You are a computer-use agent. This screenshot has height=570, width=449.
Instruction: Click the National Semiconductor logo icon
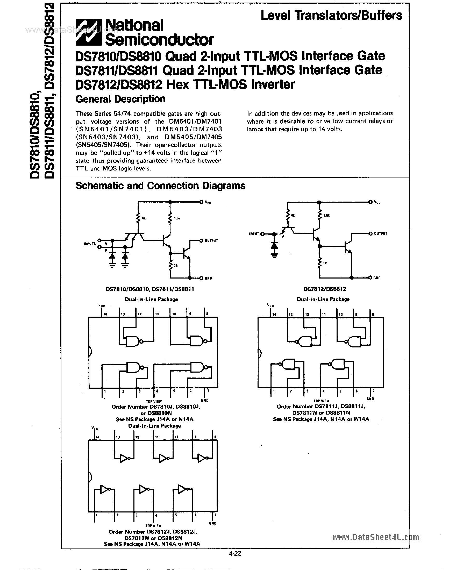(88, 32)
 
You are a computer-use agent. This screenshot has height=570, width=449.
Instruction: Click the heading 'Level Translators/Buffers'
(331, 16)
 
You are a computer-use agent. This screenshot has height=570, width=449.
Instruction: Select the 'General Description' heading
(120, 99)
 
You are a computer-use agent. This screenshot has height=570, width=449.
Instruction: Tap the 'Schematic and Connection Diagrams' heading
(160, 186)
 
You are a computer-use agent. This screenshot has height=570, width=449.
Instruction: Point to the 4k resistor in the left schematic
(138, 218)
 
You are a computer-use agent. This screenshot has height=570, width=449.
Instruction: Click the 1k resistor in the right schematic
(320, 263)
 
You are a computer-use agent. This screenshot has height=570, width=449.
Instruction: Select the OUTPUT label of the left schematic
(211, 241)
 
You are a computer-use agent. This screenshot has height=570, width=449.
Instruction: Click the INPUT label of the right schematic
(254, 233)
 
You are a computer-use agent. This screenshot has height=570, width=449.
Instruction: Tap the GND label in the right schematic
(377, 278)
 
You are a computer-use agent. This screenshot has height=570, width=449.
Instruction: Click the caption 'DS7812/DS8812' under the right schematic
(324, 289)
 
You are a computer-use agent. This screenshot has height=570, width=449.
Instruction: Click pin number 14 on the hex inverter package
(97, 437)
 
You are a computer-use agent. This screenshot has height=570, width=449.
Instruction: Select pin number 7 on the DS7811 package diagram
(373, 391)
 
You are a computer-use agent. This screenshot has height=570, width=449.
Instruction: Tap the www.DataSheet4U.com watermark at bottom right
(376, 537)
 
